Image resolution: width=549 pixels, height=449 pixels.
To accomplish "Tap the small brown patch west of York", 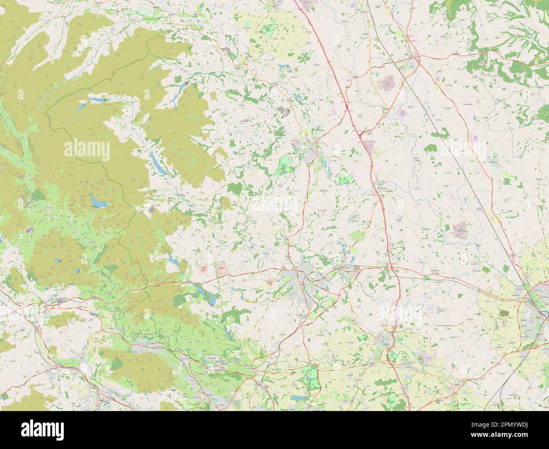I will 504,313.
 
